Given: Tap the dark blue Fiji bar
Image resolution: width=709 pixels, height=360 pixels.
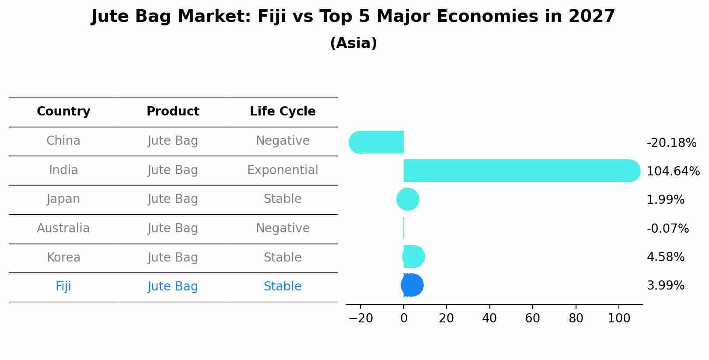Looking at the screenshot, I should click(412, 285).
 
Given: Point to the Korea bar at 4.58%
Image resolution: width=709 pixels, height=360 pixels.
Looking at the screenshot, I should click(413, 257).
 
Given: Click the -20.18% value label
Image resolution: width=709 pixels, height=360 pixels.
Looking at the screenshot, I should click(671, 143).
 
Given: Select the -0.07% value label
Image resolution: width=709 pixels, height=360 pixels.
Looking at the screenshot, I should click(667, 228).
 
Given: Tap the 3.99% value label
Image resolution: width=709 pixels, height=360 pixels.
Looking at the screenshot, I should click(665, 286).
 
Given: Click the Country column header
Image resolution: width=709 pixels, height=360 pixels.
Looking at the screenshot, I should click(63, 112).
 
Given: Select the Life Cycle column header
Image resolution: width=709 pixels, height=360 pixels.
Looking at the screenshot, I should click(283, 112).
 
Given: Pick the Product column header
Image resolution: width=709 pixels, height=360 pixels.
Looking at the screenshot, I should click(173, 112).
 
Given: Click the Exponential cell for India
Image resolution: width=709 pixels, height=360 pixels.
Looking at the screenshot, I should click(283, 170).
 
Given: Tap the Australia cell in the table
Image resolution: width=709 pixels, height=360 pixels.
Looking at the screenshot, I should click(63, 228).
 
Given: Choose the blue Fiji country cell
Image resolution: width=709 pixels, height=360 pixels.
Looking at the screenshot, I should click(63, 287).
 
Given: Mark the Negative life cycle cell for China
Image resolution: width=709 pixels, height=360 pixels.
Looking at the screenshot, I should click(283, 141).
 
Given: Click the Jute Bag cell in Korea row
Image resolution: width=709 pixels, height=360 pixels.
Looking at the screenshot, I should click(173, 258).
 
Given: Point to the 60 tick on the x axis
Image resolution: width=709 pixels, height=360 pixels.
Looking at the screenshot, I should click(532, 318).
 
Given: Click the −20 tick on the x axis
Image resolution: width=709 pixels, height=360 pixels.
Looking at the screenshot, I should click(360, 318).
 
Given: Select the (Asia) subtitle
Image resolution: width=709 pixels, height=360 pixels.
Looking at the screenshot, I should click(353, 43).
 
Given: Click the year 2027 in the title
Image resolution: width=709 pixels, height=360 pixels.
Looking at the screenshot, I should click(592, 17).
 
